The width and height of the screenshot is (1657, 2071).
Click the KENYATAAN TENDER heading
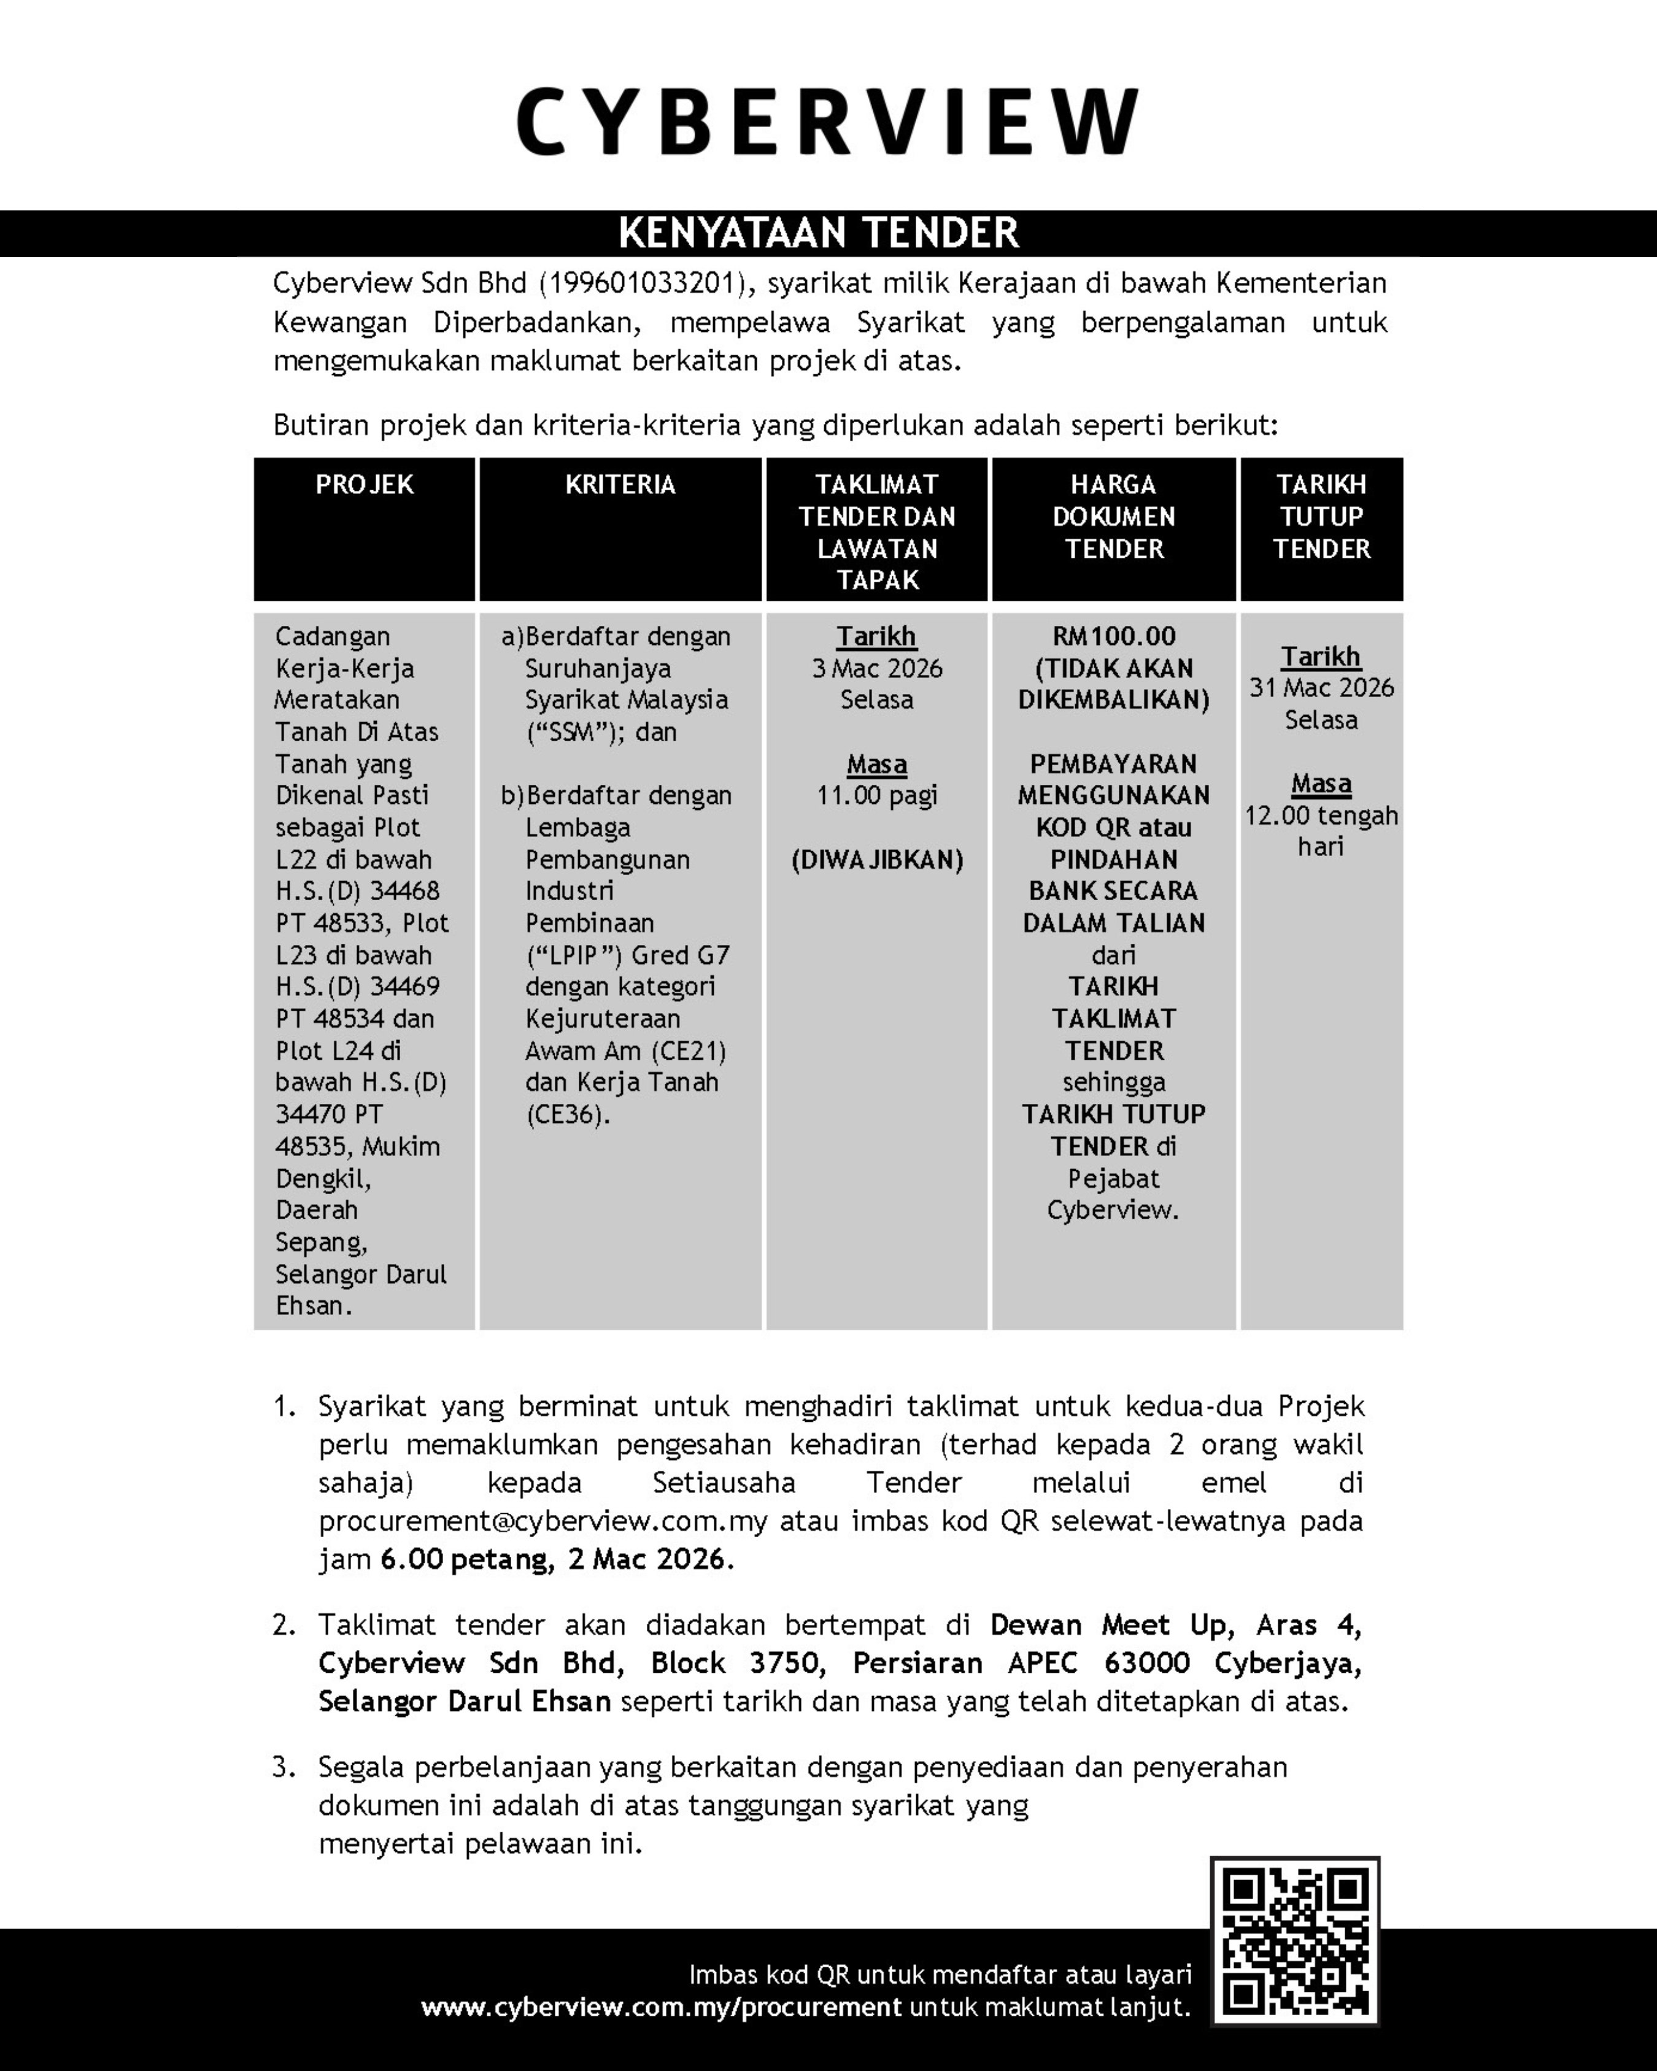(x=819, y=233)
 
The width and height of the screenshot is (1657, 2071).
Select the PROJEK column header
(x=364, y=484)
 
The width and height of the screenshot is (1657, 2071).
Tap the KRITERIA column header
(x=620, y=484)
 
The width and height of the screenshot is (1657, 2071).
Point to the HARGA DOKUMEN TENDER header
(x=1113, y=517)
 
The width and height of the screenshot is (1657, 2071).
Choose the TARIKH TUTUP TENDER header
(x=1321, y=517)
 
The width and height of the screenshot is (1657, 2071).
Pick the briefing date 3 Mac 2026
(x=876, y=669)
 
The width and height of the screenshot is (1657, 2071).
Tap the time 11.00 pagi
(x=876, y=795)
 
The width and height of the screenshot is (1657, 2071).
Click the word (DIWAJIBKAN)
(x=876, y=860)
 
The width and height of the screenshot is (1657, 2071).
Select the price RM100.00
(x=1113, y=636)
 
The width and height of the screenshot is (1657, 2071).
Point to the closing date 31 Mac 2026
(x=1321, y=688)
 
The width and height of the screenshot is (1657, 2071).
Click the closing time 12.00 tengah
(x=1321, y=816)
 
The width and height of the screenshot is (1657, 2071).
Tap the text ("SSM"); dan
(x=601, y=732)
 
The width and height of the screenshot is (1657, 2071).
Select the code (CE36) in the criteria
(x=566, y=1114)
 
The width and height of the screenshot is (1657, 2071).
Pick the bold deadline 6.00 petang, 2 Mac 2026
(x=556, y=1559)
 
